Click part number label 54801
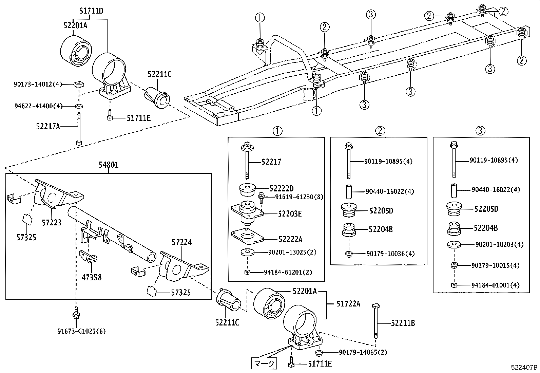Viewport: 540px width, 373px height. pos(109,165)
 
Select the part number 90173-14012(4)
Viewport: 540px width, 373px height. pos(38,84)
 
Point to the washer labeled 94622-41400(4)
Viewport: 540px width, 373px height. pos(79,106)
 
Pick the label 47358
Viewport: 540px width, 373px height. pos(91,278)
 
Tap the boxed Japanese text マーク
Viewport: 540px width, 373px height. pos(264,364)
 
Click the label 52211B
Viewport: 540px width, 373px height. pos(403,323)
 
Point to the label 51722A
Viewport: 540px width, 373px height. pos(348,304)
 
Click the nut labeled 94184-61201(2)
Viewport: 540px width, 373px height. pos(247,272)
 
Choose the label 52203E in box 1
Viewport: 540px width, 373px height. pos(290,214)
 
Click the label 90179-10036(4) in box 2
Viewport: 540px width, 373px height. pos(390,254)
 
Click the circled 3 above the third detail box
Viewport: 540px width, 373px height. pos(480,131)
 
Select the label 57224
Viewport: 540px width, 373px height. pos(181,242)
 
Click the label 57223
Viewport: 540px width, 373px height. pos(52,223)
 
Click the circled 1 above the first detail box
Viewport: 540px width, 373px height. pos(277,131)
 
